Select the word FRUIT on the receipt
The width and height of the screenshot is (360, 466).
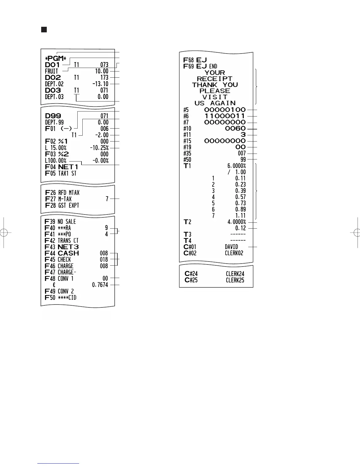[51, 71]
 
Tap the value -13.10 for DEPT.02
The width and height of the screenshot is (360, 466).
[100, 84]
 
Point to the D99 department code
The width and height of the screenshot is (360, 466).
[53, 116]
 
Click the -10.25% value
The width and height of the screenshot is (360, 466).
[99, 148]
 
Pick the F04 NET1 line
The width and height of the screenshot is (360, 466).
[61, 167]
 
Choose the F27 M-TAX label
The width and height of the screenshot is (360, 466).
[59, 199]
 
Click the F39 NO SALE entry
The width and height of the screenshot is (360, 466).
[60, 222]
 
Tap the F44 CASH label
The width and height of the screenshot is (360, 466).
[62, 253]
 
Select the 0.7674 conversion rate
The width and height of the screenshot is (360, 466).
[100, 285]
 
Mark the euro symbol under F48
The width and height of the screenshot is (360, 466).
[54, 285]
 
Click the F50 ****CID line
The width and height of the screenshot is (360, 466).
[61, 297]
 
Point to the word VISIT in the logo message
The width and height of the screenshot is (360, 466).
[215, 97]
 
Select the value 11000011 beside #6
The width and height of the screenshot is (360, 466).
[225, 116]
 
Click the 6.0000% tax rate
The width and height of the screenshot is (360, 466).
[236, 166]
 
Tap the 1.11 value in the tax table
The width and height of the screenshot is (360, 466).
[240, 216]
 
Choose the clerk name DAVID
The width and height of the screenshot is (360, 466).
[231, 247]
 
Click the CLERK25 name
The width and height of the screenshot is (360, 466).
[235, 280]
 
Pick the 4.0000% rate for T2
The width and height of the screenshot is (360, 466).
[236, 222]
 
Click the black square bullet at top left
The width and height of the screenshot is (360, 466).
[44, 29]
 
